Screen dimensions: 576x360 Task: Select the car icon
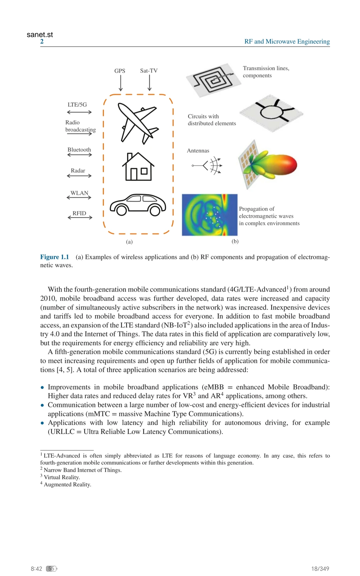click(x=138, y=205)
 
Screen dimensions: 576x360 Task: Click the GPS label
click(x=120, y=71)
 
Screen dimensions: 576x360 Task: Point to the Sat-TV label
click(x=149, y=71)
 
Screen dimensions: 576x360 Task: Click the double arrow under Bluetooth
click(x=79, y=155)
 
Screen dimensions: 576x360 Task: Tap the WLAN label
click(x=79, y=193)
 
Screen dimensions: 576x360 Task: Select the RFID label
click(x=79, y=213)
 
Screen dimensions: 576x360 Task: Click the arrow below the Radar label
click(x=79, y=176)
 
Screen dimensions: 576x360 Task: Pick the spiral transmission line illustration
click(x=213, y=80)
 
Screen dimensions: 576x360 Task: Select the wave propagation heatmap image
click(x=209, y=215)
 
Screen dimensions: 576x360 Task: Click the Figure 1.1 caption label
click(x=54, y=257)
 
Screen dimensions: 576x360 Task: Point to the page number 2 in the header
click(x=42, y=41)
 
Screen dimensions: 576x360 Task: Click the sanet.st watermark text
click(x=40, y=35)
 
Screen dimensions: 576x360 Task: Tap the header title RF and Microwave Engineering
click(x=287, y=41)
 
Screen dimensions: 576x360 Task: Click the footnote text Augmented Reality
click(x=67, y=484)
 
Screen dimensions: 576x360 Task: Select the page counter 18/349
click(x=320, y=569)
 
